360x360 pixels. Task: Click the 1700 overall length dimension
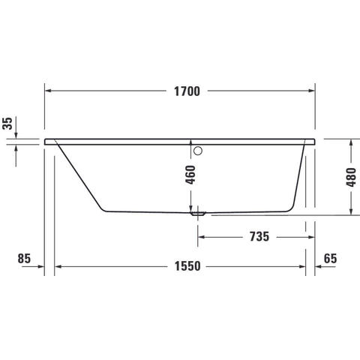tap(187, 91)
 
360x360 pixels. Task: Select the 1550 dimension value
tap(187, 266)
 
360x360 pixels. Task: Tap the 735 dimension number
tap(259, 236)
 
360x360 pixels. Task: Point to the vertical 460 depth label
tap(190, 175)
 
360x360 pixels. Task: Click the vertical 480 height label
tap(351, 177)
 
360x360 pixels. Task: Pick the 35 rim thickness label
tap(7, 124)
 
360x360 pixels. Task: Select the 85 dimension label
tap(24, 258)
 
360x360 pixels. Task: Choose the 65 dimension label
tap(330, 258)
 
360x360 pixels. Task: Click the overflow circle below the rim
tap(198, 151)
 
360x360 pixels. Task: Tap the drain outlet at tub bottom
tap(198, 214)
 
